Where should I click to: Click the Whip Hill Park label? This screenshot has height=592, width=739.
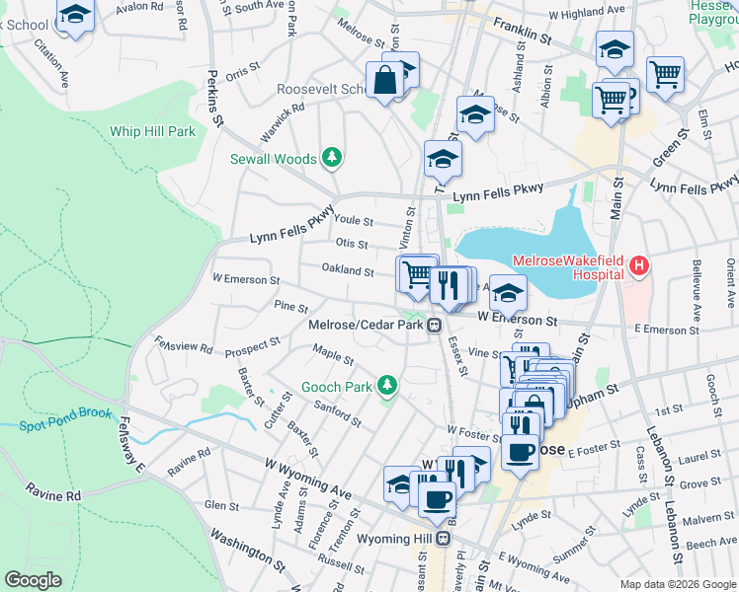pyautogui.click(x=153, y=131)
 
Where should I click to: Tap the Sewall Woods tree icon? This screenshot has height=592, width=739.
pyautogui.click(x=333, y=158)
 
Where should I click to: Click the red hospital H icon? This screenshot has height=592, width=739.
pyautogui.click(x=639, y=265)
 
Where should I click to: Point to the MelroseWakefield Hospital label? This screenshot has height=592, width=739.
pyautogui.click(x=568, y=260)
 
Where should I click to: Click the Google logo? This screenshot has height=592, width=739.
pyautogui.click(x=33, y=580)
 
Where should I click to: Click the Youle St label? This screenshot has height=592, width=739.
pyautogui.click(x=354, y=221)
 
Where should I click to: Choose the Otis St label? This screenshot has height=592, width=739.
pyautogui.click(x=352, y=244)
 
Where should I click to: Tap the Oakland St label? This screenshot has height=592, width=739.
pyautogui.click(x=347, y=271)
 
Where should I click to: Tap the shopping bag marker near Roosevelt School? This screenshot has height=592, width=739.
pyautogui.click(x=385, y=81)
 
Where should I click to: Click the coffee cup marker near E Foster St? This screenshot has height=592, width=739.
pyautogui.click(x=521, y=452)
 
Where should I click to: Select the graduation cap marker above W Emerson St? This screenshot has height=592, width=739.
pyautogui.click(x=509, y=294)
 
